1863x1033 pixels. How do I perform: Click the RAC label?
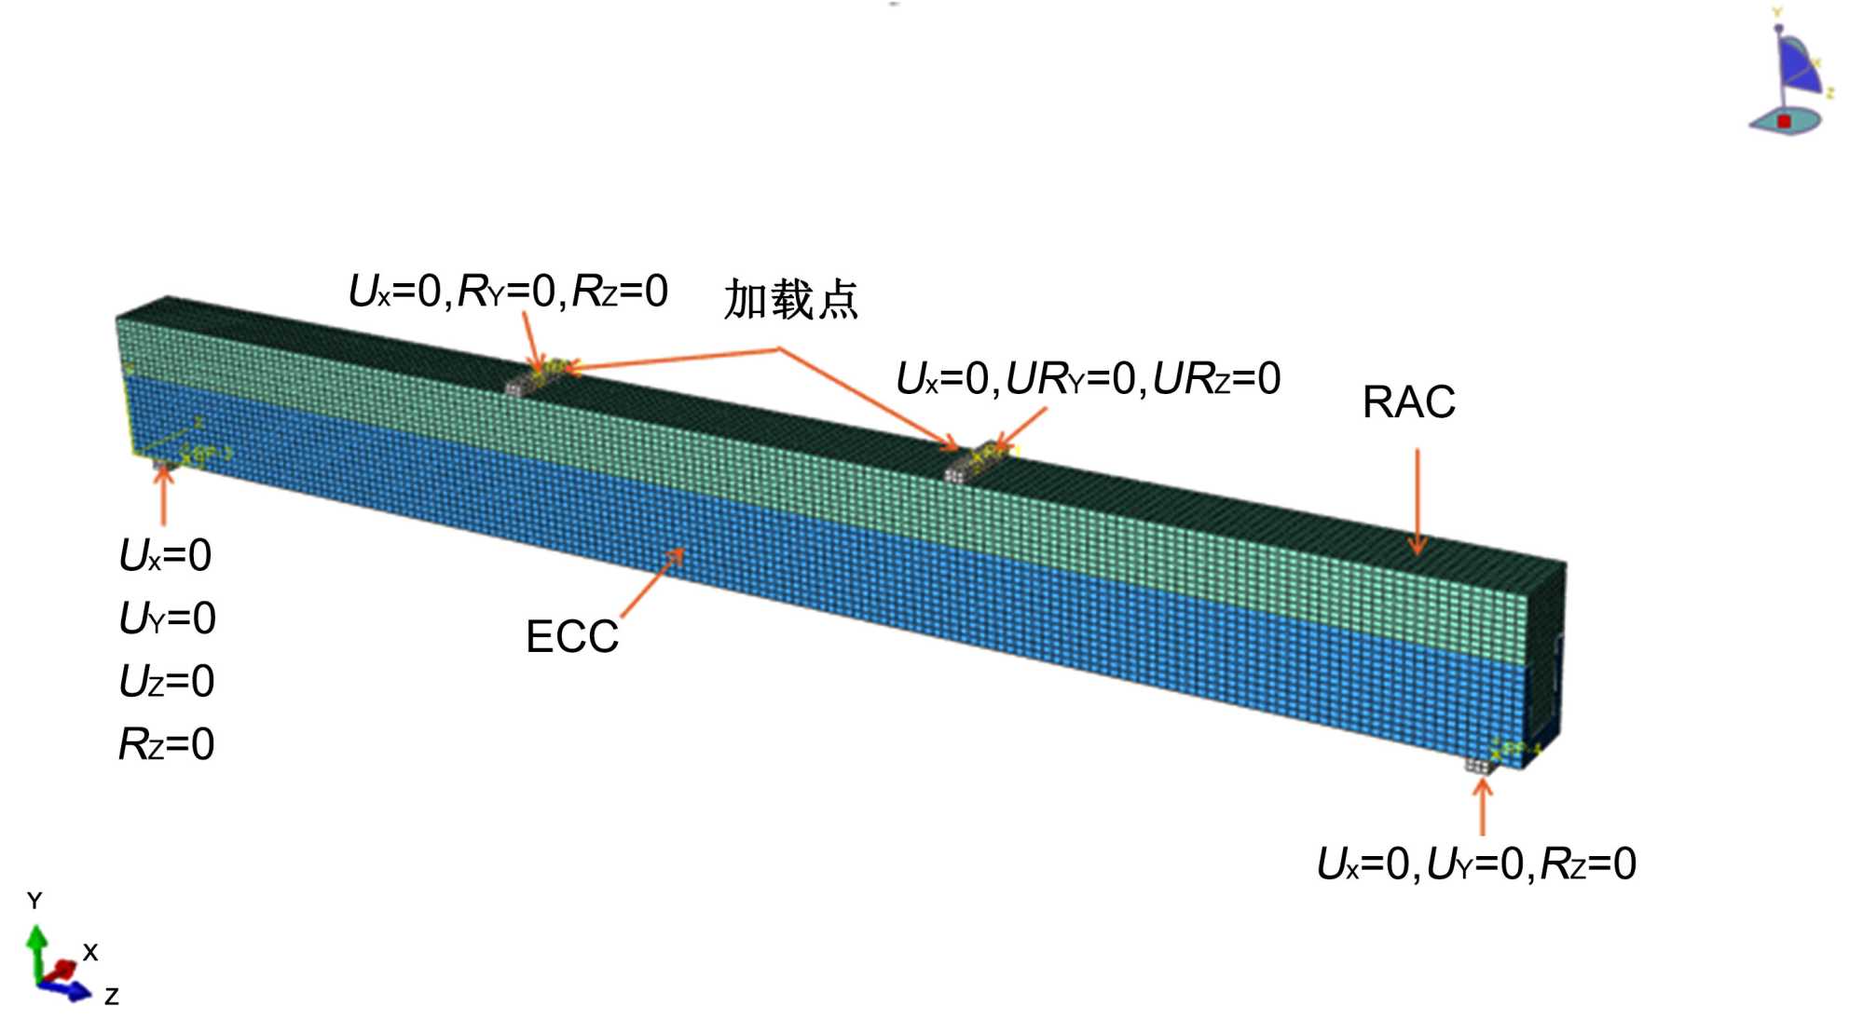click(1407, 402)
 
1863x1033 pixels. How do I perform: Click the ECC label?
click(571, 637)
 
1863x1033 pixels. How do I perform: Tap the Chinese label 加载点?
click(790, 300)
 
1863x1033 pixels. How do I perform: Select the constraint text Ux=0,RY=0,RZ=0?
click(508, 292)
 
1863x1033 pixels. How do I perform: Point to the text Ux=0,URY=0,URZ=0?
click(1088, 379)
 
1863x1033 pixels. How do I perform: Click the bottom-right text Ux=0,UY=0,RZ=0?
click(1475, 863)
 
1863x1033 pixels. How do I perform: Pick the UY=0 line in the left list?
click(167, 618)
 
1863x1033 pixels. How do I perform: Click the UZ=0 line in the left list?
click(167, 681)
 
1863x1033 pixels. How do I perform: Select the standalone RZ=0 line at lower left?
click(167, 744)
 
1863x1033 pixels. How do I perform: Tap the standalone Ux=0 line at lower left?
click(166, 556)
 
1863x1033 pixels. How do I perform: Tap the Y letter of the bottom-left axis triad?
click(34, 901)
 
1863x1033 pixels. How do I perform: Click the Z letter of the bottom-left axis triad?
click(112, 997)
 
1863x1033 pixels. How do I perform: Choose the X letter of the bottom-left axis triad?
click(90, 952)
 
